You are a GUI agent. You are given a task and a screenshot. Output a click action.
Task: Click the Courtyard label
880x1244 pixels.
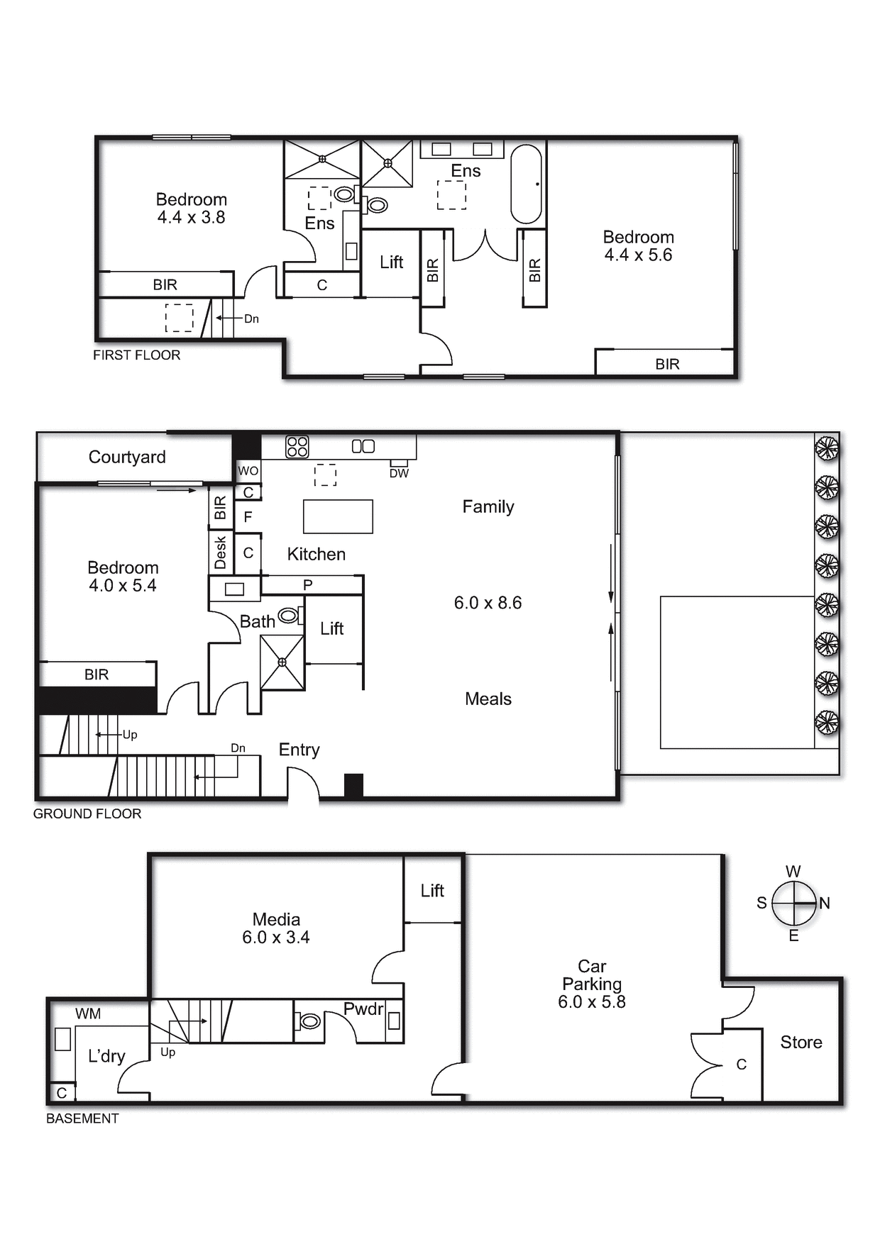(x=127, y=457)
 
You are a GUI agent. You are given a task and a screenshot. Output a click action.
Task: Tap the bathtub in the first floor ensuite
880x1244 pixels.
(x=526, y=184)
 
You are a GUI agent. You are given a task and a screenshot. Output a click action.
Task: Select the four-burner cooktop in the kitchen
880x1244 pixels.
(x=297, y=447)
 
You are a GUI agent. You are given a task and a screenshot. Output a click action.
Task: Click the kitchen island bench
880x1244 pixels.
(x=338, y=516)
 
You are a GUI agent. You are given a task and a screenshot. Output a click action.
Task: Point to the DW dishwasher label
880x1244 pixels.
(x=399, y=473)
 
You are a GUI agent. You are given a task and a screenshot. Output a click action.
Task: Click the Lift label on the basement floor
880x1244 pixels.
(x=432, y=891)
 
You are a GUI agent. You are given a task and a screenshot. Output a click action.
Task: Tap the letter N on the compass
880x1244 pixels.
(x=825, y=904)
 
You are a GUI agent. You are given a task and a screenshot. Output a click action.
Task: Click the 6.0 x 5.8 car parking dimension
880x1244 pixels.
(x=592, y=1002)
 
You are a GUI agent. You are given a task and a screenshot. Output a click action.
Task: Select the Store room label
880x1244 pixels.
(x=801, y=1043)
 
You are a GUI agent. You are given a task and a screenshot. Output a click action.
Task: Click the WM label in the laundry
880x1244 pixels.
(x=88, y=1014)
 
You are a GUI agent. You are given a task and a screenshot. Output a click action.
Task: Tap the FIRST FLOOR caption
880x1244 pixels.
(x=137, y=355)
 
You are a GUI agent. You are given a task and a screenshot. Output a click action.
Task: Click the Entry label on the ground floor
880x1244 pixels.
(x=299, y=750)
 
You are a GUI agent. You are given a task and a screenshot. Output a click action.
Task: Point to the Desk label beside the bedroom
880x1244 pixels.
(x=220, y=552)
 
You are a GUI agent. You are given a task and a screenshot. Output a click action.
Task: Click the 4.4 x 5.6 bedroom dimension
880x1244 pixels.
(x=638, y=255)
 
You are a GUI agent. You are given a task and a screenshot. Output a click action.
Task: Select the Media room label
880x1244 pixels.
(x=276, y=920)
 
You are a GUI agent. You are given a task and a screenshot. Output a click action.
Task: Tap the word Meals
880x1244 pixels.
(x=488, y=699)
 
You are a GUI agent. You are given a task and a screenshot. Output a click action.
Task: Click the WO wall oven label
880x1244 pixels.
(x=248, y=471)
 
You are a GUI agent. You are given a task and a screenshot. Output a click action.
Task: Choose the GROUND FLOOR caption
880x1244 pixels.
(x=87, y=814)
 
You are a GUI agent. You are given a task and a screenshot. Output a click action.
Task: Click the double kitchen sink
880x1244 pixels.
(x=363, y=446)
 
